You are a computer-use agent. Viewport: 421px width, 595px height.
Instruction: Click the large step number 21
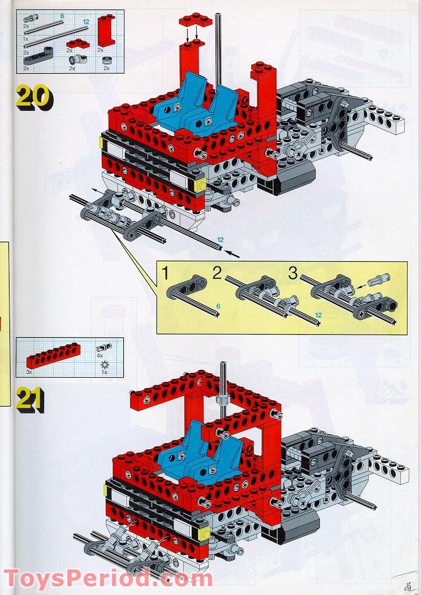pyautogui.click(x=30, y=399)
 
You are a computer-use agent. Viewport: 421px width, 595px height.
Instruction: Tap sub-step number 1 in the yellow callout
pyautogui.click(x=165, y=274)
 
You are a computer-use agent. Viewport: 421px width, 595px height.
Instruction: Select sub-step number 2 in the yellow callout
pyautogui.click(x=217, y=273)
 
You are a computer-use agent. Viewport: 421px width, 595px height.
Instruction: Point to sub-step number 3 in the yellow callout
pyautogui.click(x=292, y=273)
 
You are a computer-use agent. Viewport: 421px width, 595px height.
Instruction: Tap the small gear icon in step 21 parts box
pyautogui.click(x=104, y=364)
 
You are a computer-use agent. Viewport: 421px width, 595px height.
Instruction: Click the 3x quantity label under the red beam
pyautogui.click(x=30, y=372)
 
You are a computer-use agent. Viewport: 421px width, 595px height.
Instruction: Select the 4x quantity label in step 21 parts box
pyautogui.click(x=100, y=355)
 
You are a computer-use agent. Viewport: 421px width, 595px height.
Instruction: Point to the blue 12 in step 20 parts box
pyautogui.click(x=86, y=21)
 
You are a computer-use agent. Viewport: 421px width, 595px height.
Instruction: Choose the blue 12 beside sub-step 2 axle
pyautogui.click(x=318, y=315)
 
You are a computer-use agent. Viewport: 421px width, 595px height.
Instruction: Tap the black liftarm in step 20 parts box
pyautogui.click(x=37, y=55)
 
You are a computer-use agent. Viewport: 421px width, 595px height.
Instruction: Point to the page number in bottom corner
pyautogui.click(x=407, y=584)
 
